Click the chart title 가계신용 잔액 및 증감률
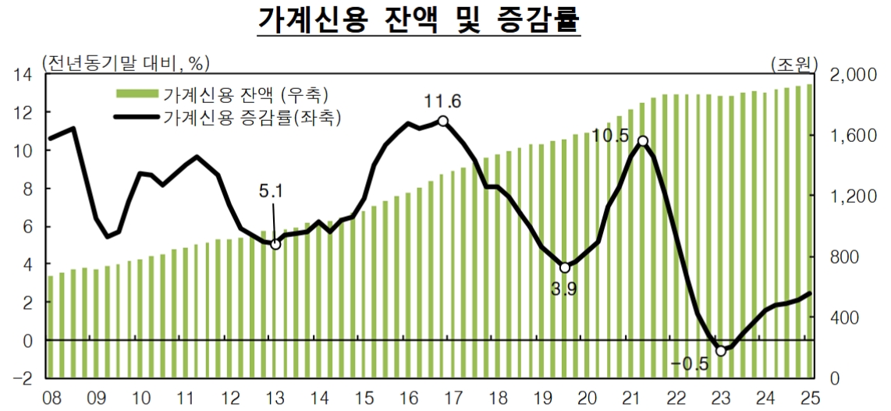click(419, 21)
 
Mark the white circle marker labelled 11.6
click(443, 121)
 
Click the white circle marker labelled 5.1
click(275, 244)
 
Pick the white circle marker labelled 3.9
click(565, 268)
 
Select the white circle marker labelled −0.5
click(721, 351)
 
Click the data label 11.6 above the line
click(443, 101)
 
